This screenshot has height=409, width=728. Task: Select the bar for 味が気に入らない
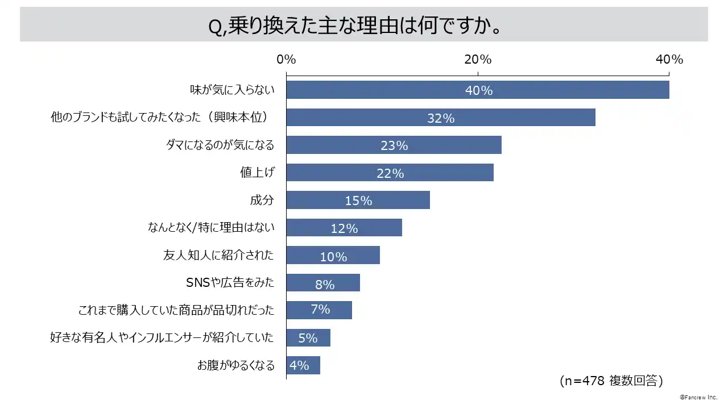(x=398, y=90)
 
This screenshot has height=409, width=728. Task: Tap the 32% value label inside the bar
(x=441, y=118)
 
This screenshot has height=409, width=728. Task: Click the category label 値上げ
(x=257, y=173)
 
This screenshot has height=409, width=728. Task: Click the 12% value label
(x=344, y=228)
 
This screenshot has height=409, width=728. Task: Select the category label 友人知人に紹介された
(x=218, y=255)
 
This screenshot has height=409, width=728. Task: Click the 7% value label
(x=320, y=310)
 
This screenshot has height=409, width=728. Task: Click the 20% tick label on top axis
(x=478, y=60)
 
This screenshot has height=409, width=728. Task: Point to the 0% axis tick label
(x=286, y=60)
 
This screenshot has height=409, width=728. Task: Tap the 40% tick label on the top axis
(x=669, y=60)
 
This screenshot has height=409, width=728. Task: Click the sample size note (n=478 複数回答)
(x=611, y=380)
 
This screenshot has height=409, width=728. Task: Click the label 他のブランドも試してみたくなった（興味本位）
(x=159, y=118)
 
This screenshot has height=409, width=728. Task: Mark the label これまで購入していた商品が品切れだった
(x=176, y=310)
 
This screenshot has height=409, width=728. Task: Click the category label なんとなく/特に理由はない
(x=211, y=228)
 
